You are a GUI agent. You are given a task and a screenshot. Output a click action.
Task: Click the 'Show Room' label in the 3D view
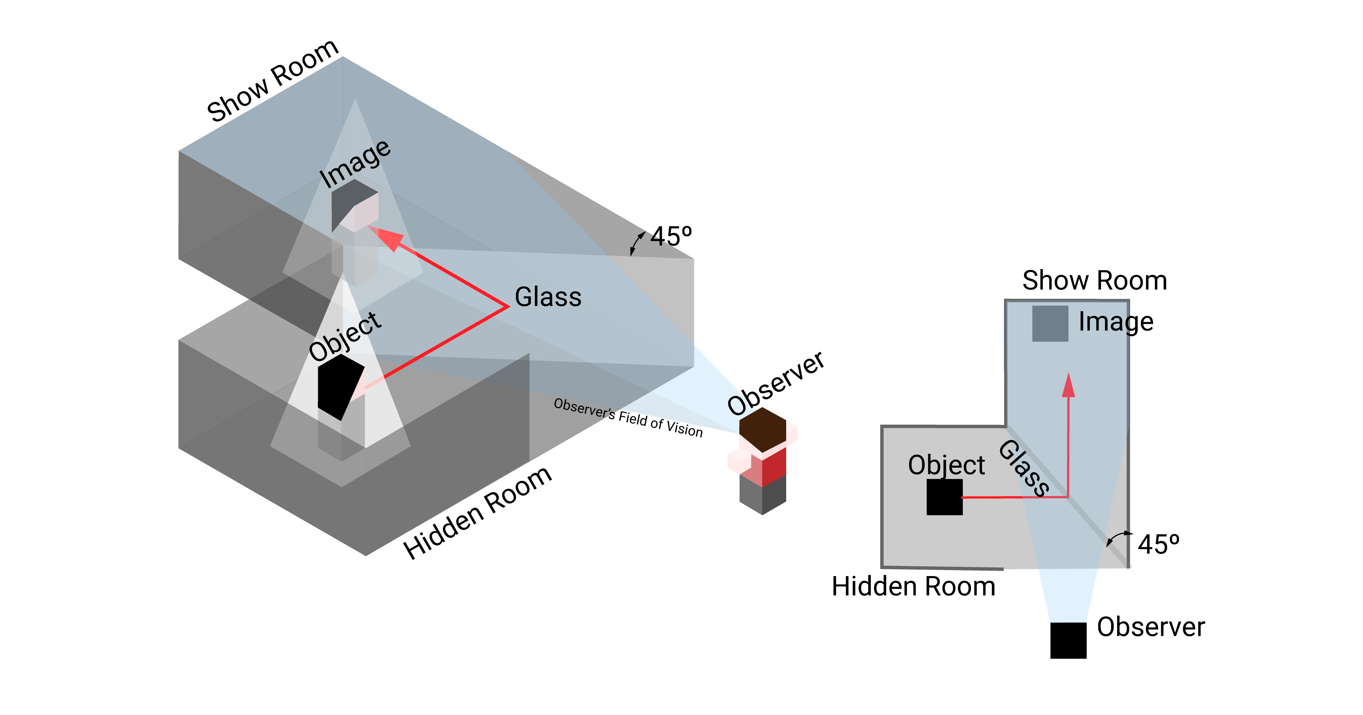coord(273,80)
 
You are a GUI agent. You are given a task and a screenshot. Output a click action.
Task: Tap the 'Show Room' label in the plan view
coord(1094,280)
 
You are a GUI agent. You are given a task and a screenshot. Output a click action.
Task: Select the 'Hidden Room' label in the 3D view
coord(478,513)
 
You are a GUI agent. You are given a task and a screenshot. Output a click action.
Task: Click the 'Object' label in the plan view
coord(946,465)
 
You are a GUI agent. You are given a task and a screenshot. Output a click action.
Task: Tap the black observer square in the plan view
coord(1068,640)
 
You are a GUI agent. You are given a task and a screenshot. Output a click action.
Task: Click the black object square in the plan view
coord(945,497)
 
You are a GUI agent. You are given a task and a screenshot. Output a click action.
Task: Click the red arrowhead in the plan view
coord(1068,385)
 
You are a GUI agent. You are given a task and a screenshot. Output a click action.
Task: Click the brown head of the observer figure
coord(762,428)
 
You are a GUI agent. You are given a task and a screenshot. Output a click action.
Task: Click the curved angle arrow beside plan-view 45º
coord(1117,538)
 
